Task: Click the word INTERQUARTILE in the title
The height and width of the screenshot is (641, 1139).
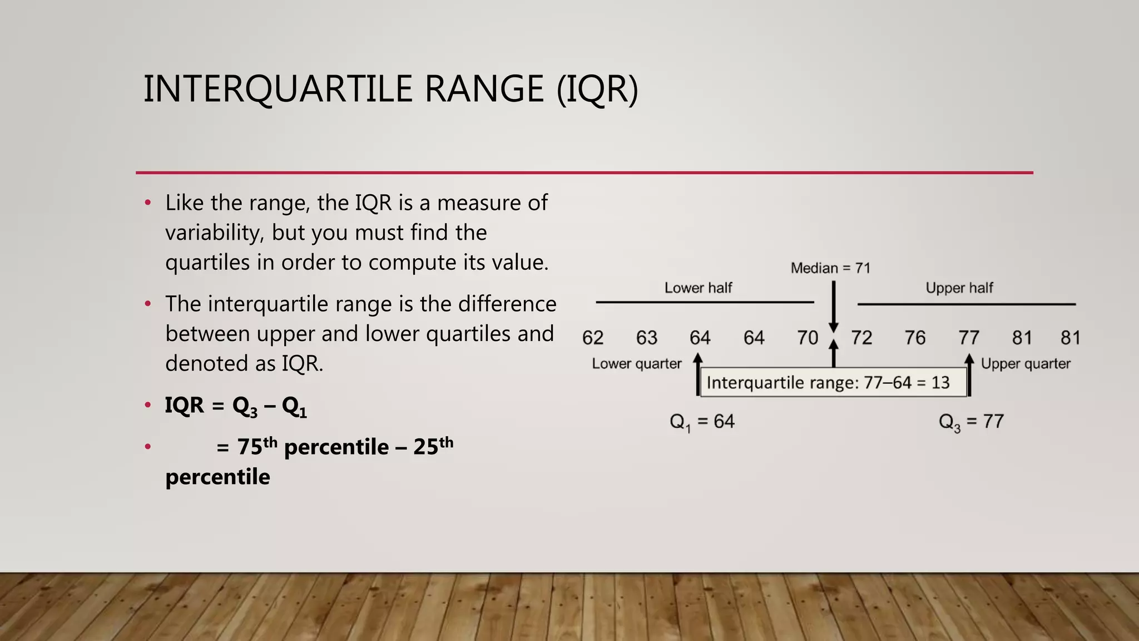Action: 278,89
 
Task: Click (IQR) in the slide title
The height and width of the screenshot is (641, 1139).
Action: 597,89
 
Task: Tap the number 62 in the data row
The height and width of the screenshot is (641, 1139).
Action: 593,338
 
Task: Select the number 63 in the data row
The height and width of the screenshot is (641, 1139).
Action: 647,338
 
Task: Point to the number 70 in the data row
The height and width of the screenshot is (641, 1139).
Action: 808,338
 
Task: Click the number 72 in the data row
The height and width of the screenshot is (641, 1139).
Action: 861,338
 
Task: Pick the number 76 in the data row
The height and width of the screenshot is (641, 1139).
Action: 915,338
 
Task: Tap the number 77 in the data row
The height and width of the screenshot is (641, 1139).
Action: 969,338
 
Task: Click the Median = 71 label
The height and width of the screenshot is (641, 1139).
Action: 830,268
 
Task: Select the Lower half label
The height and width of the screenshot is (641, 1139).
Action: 698,288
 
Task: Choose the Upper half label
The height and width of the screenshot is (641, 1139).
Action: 959,288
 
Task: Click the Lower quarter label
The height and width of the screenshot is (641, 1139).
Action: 636,364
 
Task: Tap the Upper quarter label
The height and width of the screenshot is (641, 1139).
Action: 1026,364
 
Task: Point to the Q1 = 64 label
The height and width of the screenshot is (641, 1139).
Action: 702,422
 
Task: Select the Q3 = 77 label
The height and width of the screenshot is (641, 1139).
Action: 971,422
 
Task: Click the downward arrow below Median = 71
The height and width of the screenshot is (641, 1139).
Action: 833,306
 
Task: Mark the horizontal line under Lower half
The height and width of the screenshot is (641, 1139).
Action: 704,302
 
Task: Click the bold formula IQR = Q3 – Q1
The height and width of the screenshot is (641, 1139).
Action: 236,406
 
